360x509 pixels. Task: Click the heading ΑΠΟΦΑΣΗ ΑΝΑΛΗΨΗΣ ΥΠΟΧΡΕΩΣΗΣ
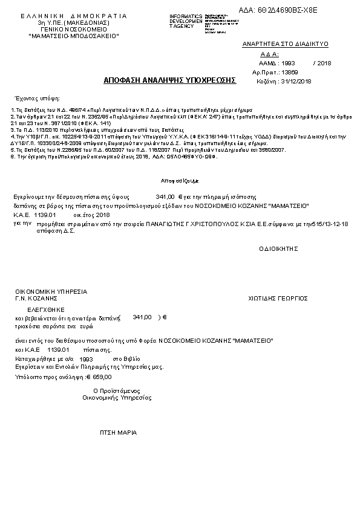click(x=170, y=80)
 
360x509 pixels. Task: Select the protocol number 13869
click(x=290, y=72)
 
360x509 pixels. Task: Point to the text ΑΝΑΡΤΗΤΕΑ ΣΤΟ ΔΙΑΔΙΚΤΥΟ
click(x=285, y=45)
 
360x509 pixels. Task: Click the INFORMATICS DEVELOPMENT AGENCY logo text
click(x=186, y=21)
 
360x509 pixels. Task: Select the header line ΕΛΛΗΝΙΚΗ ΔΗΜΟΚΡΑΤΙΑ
click(x=74, y=16)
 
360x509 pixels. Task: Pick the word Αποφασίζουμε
click(x=175, y=181)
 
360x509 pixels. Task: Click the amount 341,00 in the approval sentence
click(x=165, y=197)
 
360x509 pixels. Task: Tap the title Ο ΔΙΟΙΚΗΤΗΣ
click(x=280, y=248)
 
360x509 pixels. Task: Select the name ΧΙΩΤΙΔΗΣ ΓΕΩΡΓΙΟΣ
click(x=278, y=298)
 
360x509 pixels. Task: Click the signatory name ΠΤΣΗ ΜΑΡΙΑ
click(x=118, y=433)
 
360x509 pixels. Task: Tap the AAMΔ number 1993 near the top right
click(x=289, y=63)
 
